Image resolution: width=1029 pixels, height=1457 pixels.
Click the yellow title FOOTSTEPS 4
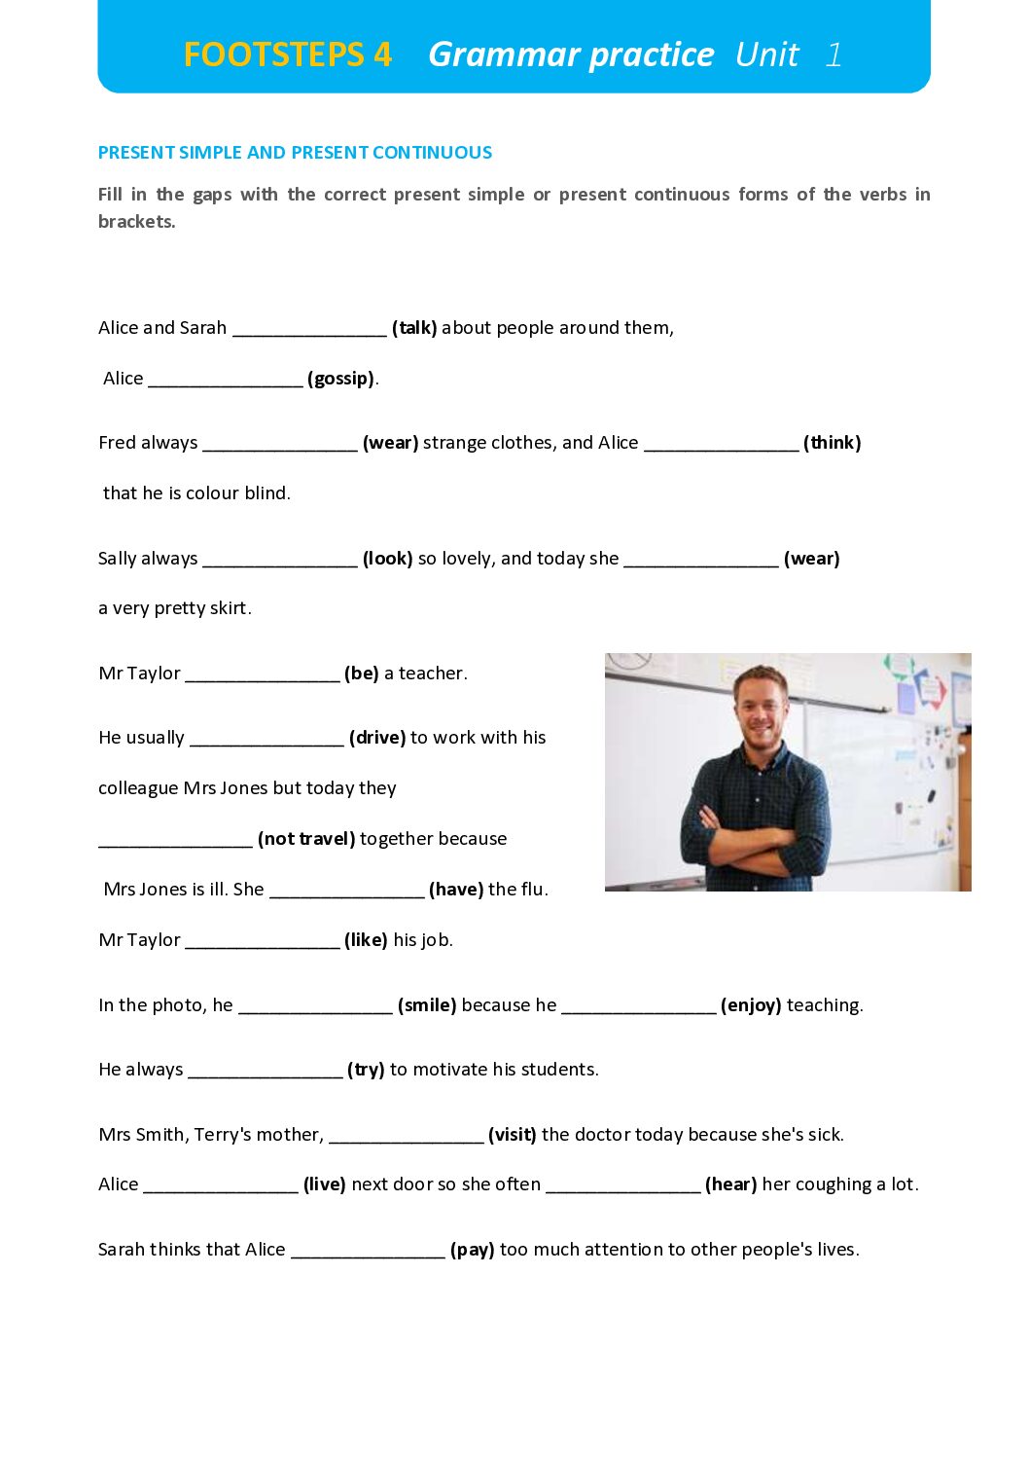click(287, 55)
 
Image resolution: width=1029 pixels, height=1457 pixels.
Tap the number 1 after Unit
click(834, 55)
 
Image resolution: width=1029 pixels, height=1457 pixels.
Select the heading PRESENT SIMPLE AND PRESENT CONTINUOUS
click(295, 153)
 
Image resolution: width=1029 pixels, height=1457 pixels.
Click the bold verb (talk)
click(414, 328)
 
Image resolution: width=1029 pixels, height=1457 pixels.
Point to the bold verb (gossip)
click(341, 379)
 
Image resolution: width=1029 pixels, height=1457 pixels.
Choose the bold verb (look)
click(387, 559)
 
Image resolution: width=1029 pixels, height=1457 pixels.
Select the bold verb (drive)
click(377, 738)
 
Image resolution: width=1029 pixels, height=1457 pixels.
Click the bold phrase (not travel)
click(306, 839)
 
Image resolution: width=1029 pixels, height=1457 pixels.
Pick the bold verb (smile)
click(427, 1005)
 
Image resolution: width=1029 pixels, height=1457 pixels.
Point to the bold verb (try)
click(366, 1070)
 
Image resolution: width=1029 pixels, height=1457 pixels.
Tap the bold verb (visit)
click(513, 1135)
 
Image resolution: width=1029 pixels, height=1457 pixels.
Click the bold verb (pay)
click(473, 1250)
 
